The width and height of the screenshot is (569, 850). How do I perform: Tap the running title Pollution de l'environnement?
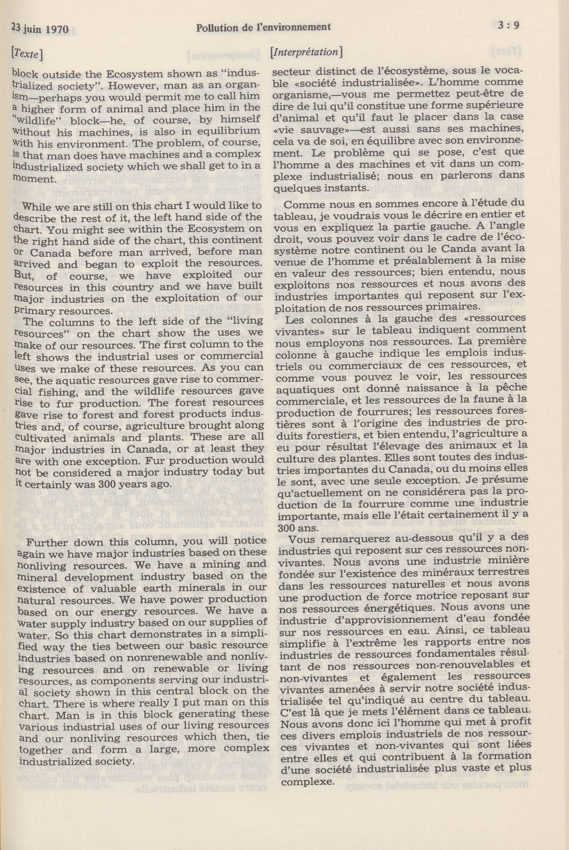click(264, 27)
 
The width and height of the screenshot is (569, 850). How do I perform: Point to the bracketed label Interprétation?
click(307, 52)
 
